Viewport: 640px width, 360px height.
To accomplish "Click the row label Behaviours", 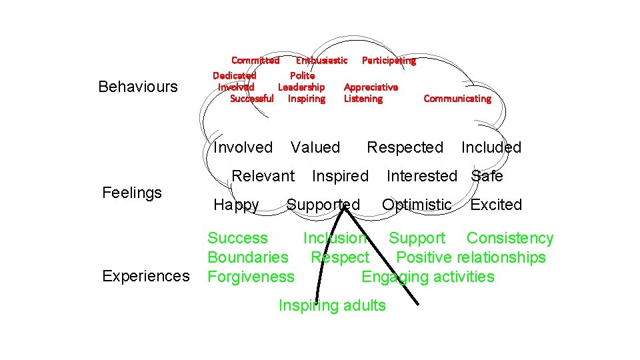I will pyautogui.click(x=138, y=87).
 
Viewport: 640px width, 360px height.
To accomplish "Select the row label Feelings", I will pyautogui.click(x=132, y=193).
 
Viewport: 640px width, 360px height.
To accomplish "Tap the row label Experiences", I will pyautogui.click(x=146, y=276).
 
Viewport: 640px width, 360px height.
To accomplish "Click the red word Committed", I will pyautogui.click(x=255, y=61).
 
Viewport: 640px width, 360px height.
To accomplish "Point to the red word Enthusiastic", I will pyautogui.click(x=321, y=61).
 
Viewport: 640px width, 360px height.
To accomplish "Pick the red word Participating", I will pyautogui.click(x=389, y=61).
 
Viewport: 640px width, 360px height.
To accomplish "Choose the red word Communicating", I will pyautogui.click(x=457, y=99).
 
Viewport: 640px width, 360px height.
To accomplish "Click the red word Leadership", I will pyautogui.click(x=301, y=87).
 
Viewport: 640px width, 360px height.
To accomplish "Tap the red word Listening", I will pyautogui.click(x=363, y=99).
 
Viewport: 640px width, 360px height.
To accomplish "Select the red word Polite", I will pyautogui.click(x=302, y=76).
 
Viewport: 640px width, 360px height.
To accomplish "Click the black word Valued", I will pyautogui.click(x=315, y=147).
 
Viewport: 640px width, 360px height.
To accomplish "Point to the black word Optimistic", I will pyautogui.click(x=417, y=205).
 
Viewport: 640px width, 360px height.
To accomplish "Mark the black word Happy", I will pyautogui.click(x=236, y=205).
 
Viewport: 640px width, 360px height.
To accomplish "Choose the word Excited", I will pyautogui.click(x=496, y=205).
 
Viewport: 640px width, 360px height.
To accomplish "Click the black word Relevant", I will pyautogui.click(x=263, y=176).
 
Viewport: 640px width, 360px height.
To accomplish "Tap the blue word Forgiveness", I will pyautogui.click(x=251, y=277).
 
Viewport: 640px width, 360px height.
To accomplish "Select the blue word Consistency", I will pyautogui.click(x=510, y=238).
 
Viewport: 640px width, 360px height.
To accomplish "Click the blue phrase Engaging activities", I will pyautogui.click(x=428, y=277).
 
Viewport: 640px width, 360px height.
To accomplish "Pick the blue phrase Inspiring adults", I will pyautogui.click(x=332, y=305).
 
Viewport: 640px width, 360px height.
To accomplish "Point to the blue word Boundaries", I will pyautogui.click(x=248, y=257).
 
